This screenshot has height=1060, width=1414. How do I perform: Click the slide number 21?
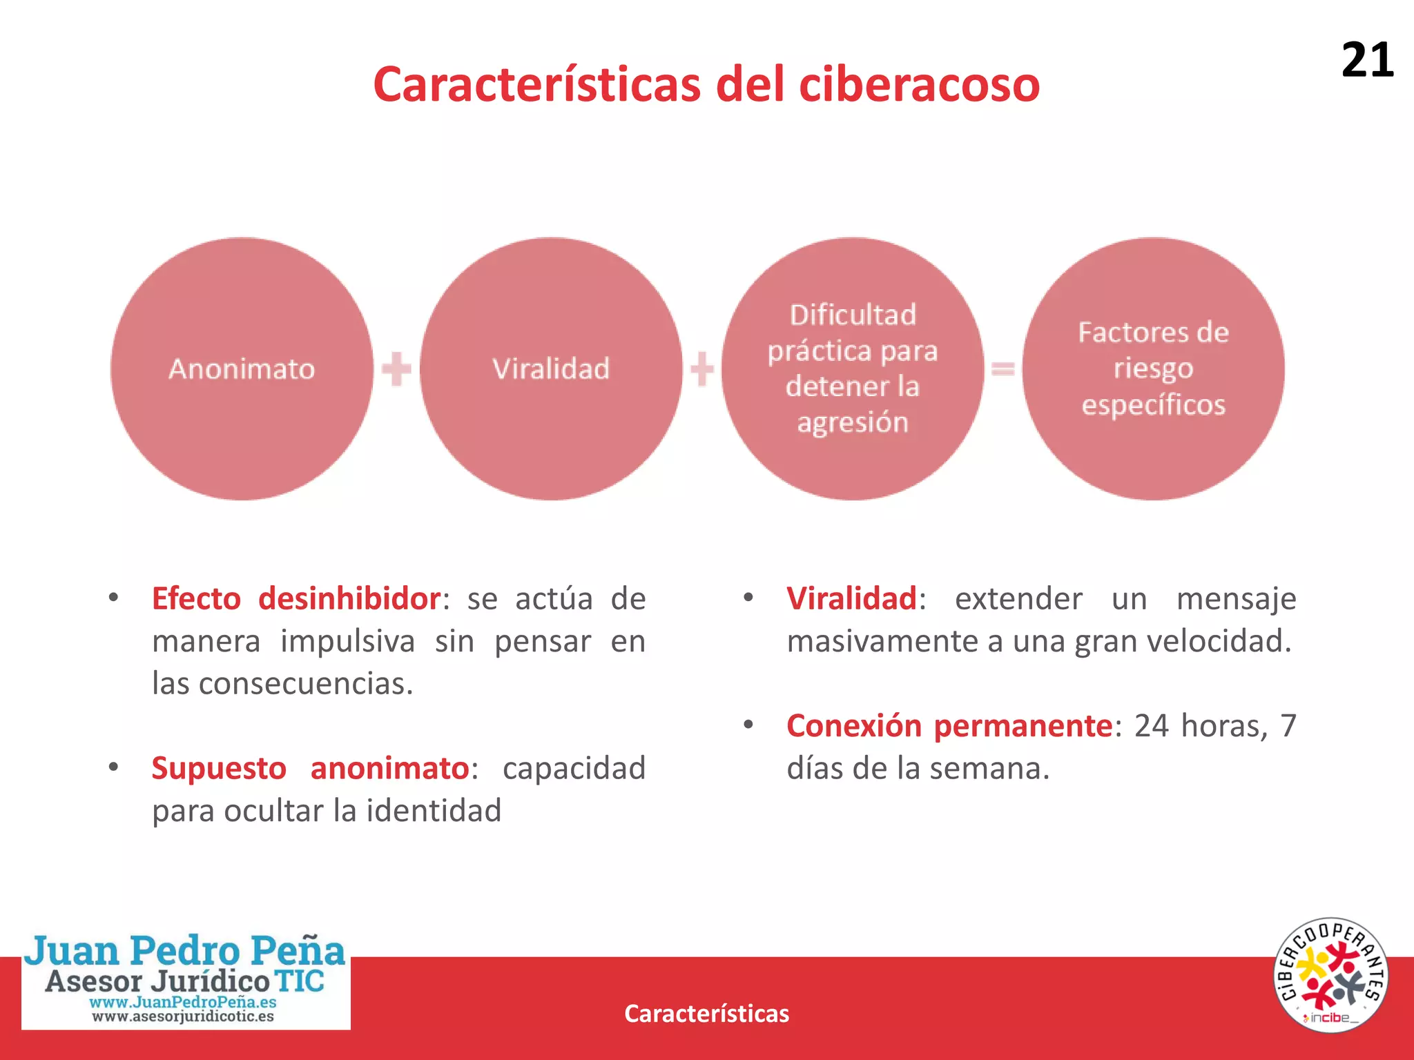tap(1367, 60)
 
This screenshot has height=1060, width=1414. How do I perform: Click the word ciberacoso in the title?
tap(919, 85)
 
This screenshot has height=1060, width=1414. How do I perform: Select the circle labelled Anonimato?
tap(242, 369)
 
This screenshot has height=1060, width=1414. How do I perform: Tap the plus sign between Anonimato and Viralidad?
tap(396, 369)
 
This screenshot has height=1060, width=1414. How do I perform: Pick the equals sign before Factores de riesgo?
tap(1003, 369)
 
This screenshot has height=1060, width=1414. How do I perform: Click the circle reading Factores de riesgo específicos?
tap(1153, 369)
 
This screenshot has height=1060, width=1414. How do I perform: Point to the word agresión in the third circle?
tap(853, 422)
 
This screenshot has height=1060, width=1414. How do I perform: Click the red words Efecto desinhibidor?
tap(296, 598)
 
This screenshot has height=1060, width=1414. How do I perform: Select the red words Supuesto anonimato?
tap(310, 768)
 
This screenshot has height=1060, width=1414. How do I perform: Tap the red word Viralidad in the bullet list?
tap(851, 598)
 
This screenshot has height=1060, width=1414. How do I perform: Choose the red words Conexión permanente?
tap(949, 726)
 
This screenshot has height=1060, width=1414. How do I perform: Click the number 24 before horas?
tap(1152, 726)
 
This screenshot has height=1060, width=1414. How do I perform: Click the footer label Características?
tap(706, 1013)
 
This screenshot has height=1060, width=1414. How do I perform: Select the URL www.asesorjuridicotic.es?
tap(183, 1017)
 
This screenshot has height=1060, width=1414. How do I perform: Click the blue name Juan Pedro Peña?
tap(185, 950)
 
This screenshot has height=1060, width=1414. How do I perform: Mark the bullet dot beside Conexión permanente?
tap(748, 725)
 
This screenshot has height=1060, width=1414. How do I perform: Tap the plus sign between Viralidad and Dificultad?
tap(701, 369)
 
